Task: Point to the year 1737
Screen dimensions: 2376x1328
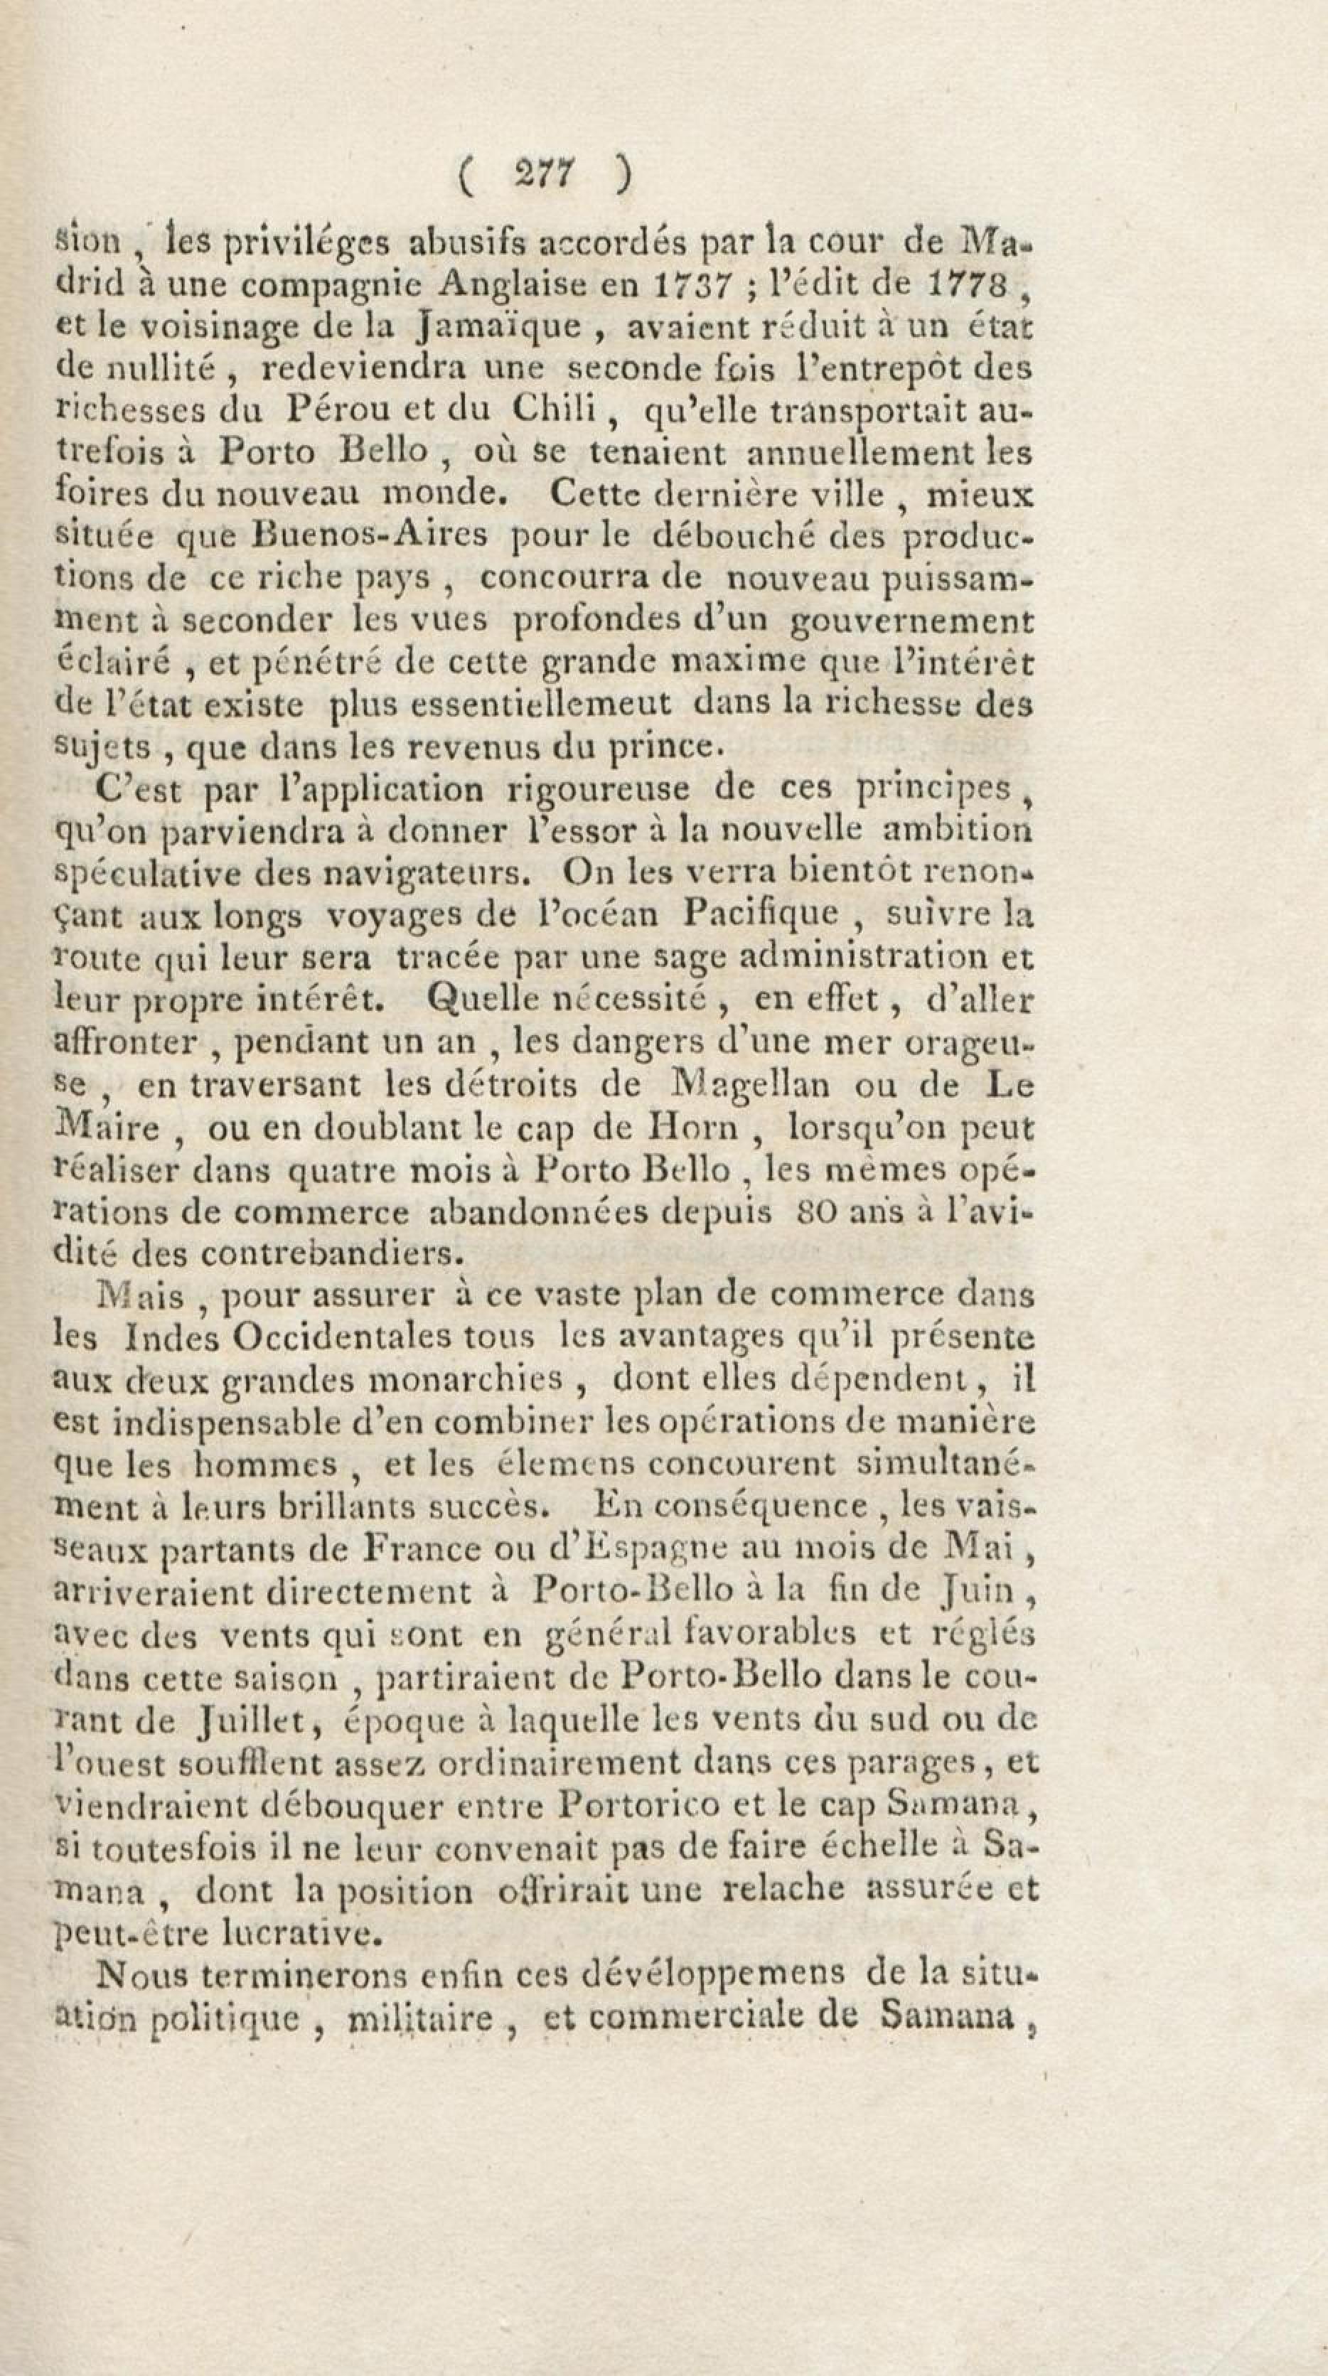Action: coord(690,285)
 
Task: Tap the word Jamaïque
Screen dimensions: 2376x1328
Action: coord(500,328)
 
